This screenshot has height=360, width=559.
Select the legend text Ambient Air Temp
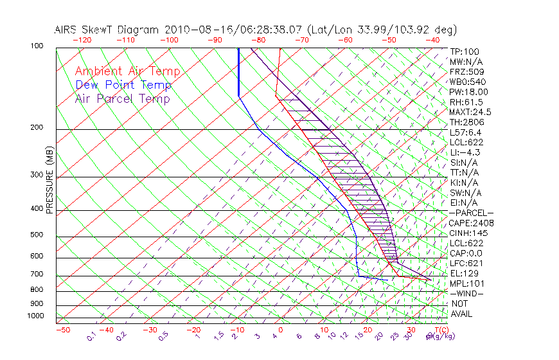(x=127, y=71)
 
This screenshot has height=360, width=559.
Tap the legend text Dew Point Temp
(x=123, y=85)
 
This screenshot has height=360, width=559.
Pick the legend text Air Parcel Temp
(x=122, y=98)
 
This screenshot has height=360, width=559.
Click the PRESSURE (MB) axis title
(x=50, y=181)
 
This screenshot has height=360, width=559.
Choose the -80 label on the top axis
(x=258, y=40)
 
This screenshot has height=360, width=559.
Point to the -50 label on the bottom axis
(x=62, y=330)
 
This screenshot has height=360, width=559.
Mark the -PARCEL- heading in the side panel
(x=472, y=213)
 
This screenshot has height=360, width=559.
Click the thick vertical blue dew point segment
(x=238, y=71)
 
